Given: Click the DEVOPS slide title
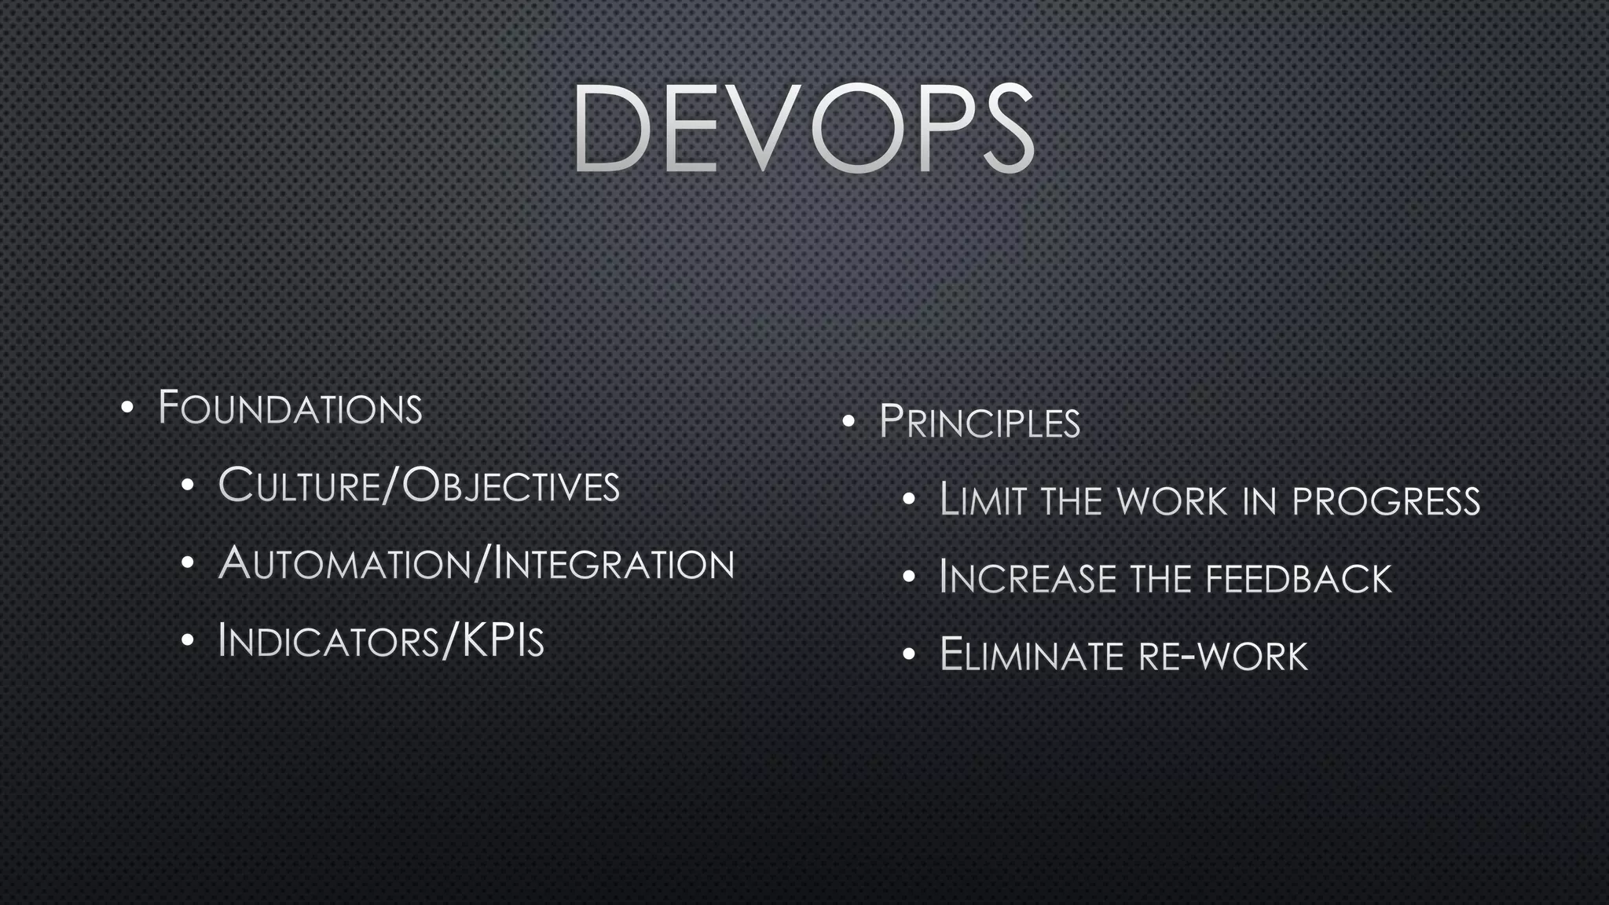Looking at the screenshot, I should click(x=803, y=128).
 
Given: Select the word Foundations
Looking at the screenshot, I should click(x=290, y=409).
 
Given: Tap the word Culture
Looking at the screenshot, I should click(x=299, y=485).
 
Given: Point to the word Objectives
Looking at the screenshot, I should click(x=511, y=485).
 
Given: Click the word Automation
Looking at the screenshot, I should click(x=344, y=564).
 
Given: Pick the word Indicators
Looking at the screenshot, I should click(x=328, y=641).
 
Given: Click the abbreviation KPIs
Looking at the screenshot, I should click(x=503, y=641).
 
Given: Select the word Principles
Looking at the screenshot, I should click(x=979, y=423).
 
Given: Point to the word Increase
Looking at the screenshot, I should click(x=1027, y=579).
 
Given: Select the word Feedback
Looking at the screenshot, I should click(x=1299, y=579).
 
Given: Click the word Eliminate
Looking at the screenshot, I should click(x=1032, y=656).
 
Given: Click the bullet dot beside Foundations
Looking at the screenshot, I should click(x=127, y=409).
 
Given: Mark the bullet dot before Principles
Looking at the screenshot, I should click(x=848, y=423).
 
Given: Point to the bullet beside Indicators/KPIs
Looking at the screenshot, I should click(x=187, y=641).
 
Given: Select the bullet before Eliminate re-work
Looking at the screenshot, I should click(x=909, y=655).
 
